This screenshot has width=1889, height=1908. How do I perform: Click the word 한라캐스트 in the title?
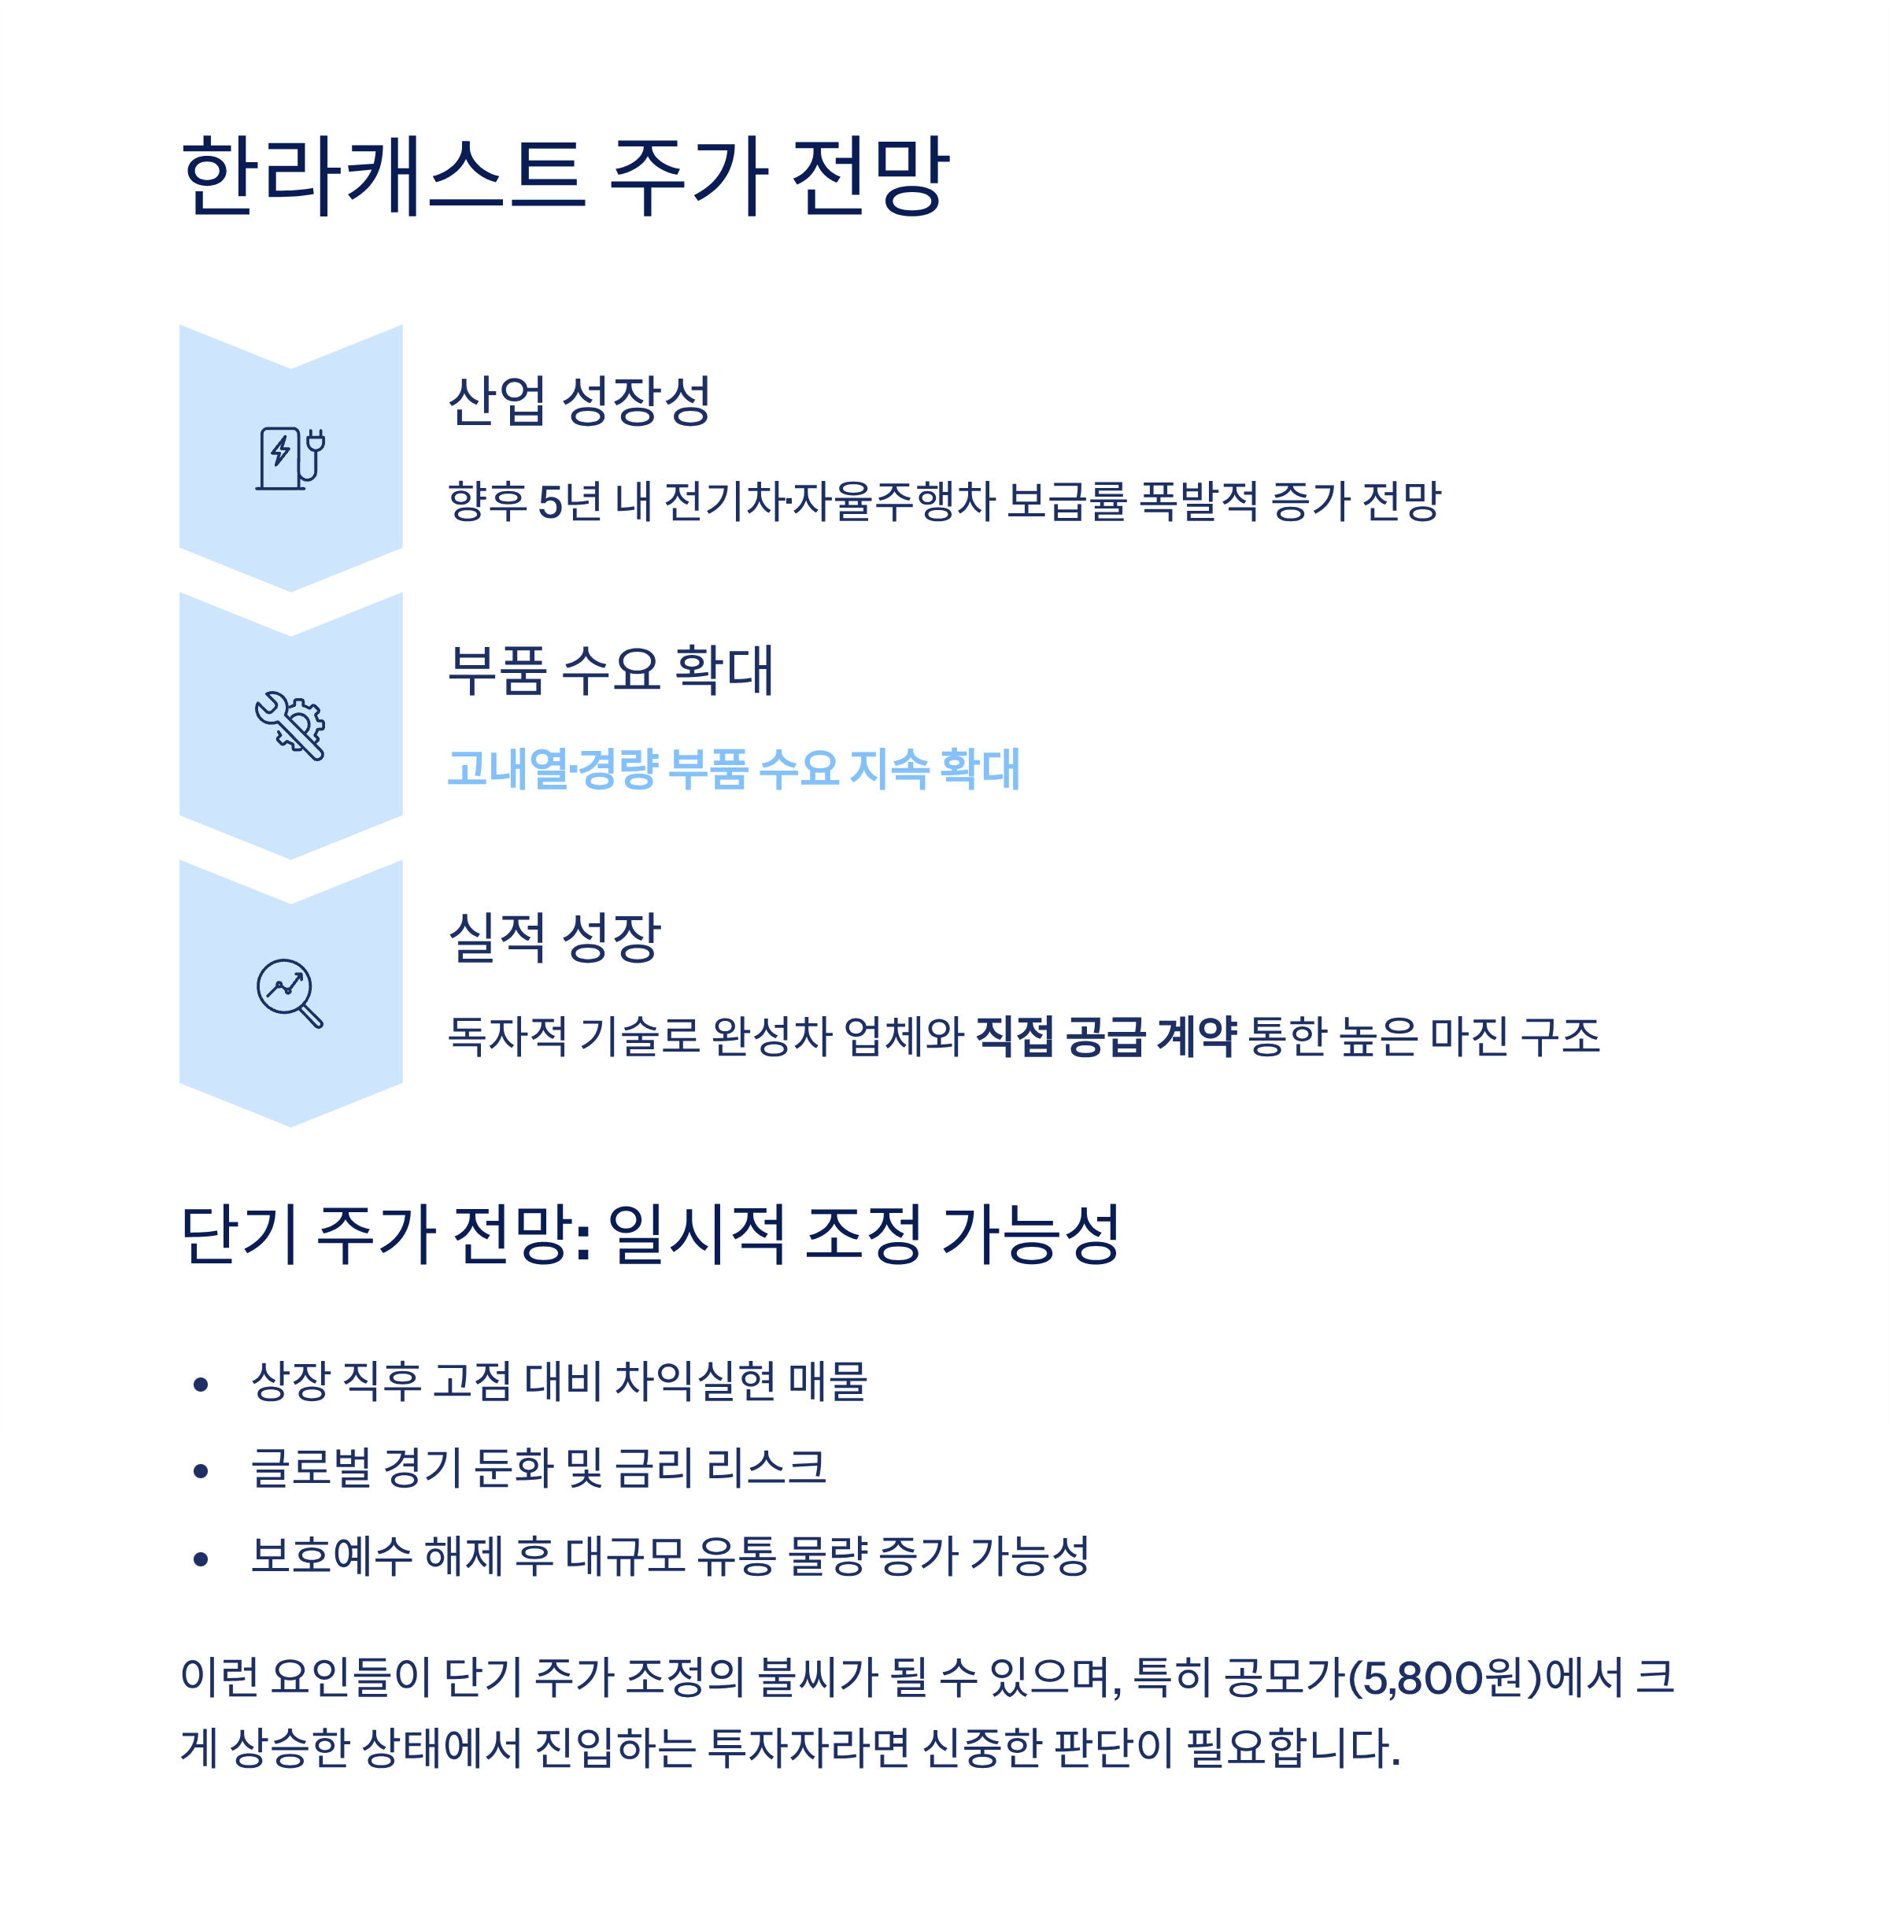point(383,176)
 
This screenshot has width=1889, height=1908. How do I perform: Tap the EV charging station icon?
point(290,458)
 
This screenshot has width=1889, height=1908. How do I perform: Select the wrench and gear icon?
point(290,726)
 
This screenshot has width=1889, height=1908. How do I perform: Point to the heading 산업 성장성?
point(579,401)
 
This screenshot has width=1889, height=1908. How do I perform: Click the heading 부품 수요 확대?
point(610,670)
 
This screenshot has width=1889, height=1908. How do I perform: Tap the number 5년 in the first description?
point(570,501)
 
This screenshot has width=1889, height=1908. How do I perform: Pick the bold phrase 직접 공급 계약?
point(1105,1037)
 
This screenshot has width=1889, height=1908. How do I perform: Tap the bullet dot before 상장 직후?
point(201,1385)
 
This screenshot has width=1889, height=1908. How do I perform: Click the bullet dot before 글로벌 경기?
point(201,1471)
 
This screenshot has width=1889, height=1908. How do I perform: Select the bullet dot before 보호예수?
point(201,1559)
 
